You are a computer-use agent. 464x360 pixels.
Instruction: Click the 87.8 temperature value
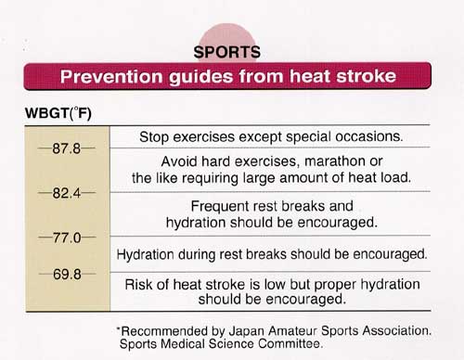coord(59,148)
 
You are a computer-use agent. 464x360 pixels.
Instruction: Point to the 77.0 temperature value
coord(59,238)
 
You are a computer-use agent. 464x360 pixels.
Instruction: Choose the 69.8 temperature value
coord(59,276)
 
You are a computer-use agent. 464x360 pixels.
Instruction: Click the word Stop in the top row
coord(155,136)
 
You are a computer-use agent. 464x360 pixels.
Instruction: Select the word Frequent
coord(220,206)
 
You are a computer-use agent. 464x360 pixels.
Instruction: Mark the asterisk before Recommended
coord(119,328)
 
